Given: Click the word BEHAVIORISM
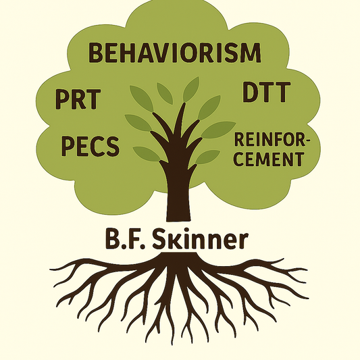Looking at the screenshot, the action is click(174, 53).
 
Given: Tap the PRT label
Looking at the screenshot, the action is click(78, 99).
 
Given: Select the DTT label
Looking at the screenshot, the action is click(266, 92).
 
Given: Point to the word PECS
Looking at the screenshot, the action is click(91, 146).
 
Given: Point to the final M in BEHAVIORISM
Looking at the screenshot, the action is click(251, 53).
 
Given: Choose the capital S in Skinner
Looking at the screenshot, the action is click(159, 240).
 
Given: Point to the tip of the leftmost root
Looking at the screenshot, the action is click(50, 269).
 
